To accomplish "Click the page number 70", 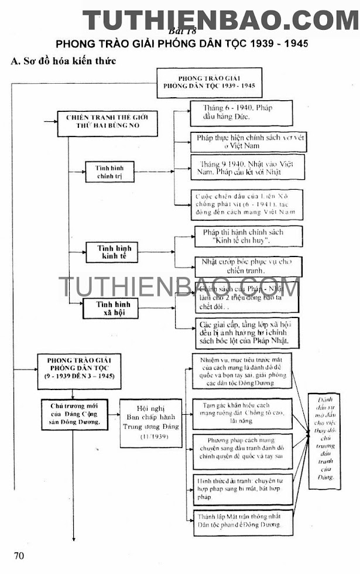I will click(x=19, y=555).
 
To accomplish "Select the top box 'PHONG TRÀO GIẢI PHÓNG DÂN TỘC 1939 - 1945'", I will click(x=209, y=83).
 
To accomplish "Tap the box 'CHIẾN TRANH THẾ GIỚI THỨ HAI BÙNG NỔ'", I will click(x=107, y=123).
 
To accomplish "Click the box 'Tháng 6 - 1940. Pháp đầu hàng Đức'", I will click(x=241, y=113).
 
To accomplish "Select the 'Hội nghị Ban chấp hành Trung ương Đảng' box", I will click(x=150, y=423).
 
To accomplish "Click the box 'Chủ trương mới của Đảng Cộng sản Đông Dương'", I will click(x=74, y=414).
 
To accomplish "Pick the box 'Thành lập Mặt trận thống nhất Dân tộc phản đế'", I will click(x=242, y=521).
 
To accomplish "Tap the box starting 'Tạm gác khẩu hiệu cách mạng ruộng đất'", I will click(x=242, y=413).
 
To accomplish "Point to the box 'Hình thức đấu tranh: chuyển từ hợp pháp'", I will click(x=242, y=488).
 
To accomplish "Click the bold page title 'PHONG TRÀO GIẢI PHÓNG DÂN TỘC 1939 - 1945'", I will click(x=181, y=44).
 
